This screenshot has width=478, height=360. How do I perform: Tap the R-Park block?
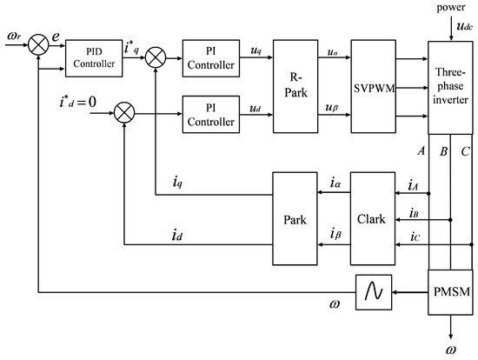click(297, 86)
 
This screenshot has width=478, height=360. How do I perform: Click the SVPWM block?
click(374, 86)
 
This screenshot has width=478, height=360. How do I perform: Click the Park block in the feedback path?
click(297, 218)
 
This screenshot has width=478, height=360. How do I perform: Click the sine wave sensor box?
click(373, 291)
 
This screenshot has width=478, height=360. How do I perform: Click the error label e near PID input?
click(55, 37)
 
